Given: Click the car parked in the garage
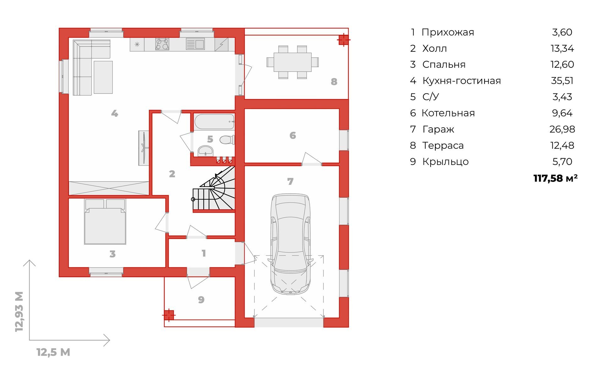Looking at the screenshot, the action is tap(291, 244).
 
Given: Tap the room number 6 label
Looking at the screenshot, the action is tap(293, 136).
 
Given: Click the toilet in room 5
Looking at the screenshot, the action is tap(227, 140).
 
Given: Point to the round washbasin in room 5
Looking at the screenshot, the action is tap(206, 151).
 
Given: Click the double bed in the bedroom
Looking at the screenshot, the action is tap(105, 222).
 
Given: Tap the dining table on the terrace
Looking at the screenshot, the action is tap(293, 62).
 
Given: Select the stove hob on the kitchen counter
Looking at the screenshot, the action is tap(162, 44).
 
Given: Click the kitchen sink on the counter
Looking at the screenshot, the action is tap(195, 44).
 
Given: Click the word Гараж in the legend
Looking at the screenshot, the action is tap(438, 129).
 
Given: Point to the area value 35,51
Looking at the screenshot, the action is tap(562, 81).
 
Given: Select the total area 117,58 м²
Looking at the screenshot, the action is tap(555, 178).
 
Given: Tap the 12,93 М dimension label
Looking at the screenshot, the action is tap(19, 311).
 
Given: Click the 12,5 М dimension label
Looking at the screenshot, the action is tap(53, 352).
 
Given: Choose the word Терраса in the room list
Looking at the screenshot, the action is tap(443, 146).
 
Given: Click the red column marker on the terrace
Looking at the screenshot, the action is tap(344, 40).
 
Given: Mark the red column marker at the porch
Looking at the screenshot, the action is tap(169, 315).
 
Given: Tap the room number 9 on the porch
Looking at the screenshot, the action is tap(201, 300).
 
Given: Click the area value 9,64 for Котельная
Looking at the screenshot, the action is tap(562, 113).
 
